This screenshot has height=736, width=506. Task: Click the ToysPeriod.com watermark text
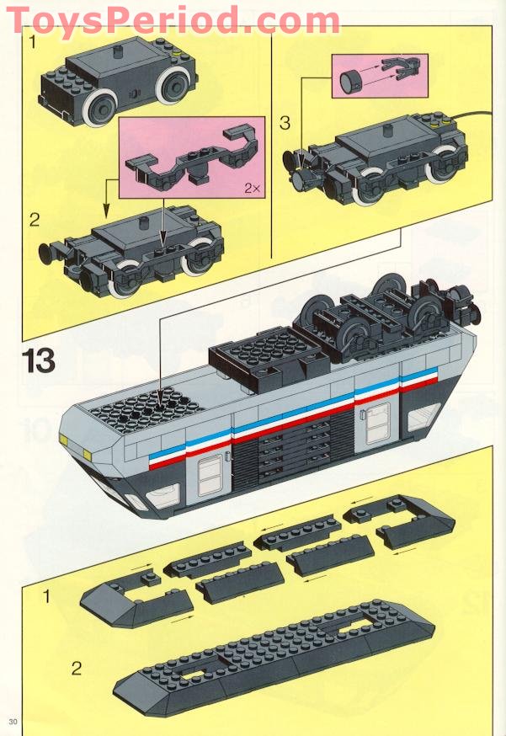point(173,19)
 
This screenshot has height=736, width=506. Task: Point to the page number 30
point(13,722)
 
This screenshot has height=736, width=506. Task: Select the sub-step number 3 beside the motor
point(285,123)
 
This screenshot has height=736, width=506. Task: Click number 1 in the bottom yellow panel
point(46,596)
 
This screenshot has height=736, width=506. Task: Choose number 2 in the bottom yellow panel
point(77,669)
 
